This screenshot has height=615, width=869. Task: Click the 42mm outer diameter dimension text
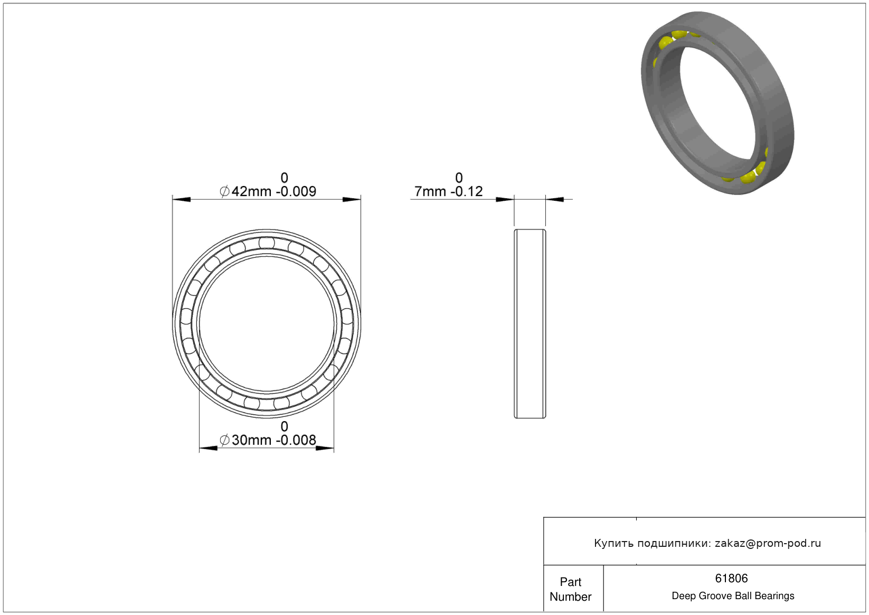pyautogui.click(x=251, y=191)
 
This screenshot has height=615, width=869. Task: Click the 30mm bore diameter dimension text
pyautogui.click(x=251, y=440)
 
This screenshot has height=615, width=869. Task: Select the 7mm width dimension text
pyautogui.click(x=430, y=191)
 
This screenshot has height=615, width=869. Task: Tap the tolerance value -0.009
pyautogui.click(x=296, y=191)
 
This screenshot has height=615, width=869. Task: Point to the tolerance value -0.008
pyautogui.click(x=296, y=440)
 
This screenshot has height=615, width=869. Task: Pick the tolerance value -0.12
pyautogui.click(x=466, y=191)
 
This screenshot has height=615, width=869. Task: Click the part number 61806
pyautogui.click(x=731, y=579)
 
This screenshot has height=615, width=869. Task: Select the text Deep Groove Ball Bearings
pyautogui.click(x=733, y=596)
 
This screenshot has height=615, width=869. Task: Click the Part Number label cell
pyautogui.click(x=573, y=588)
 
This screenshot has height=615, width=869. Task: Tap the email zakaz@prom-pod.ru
pyautogui.click(x=768, y=543)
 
